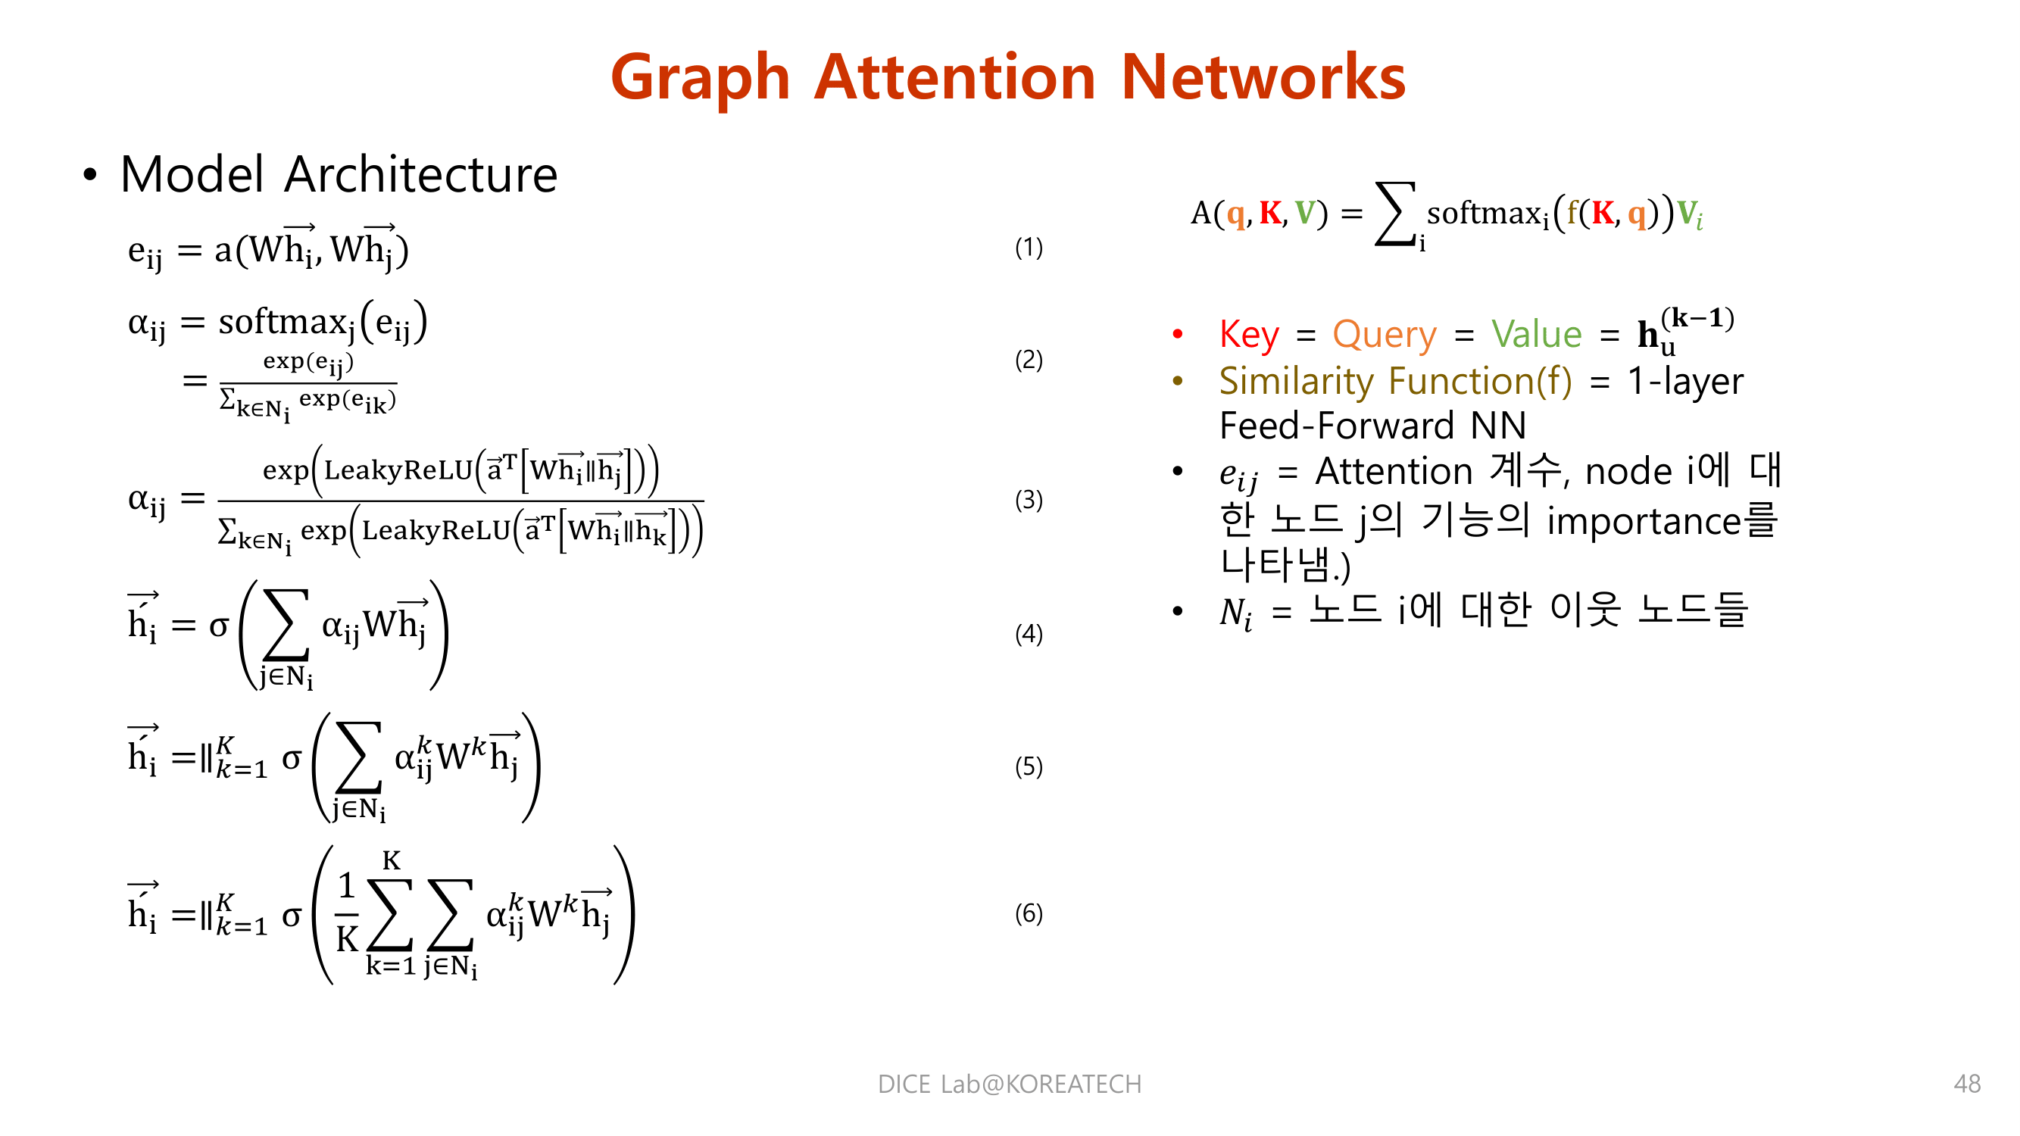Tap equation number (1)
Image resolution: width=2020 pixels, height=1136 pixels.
click(1028, 248)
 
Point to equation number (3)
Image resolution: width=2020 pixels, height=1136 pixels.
click(1028, 500)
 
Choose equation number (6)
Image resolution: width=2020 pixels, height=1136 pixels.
click(1028, 913)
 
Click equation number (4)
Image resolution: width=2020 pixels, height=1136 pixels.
click(1028, 633)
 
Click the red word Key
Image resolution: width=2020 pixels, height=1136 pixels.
click(1249, 335)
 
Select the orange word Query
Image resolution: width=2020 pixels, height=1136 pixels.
click(1384, 335)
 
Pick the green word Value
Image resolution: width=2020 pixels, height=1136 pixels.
click(1536, 335)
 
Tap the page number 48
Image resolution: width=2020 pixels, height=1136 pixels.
click(1967, 1084)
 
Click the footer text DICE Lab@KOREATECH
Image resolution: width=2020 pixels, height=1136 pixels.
click(1009, 1084)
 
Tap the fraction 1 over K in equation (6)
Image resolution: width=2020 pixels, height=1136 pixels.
click(347, 914)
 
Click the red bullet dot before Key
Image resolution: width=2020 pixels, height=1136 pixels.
click(1177, 335)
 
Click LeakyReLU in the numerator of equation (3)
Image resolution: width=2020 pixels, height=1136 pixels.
click(398, 470)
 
